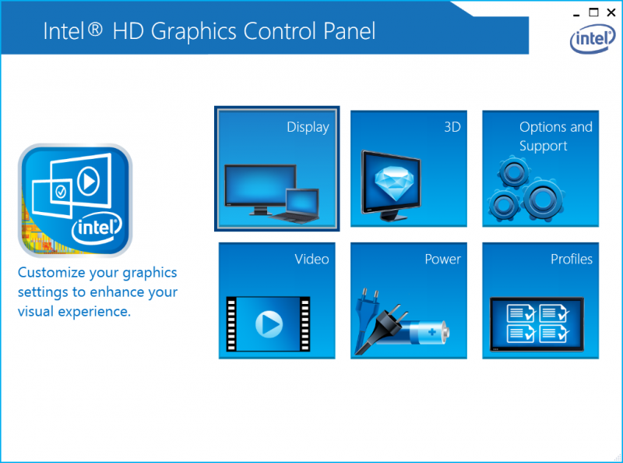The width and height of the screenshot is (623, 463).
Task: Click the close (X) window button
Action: pyautogui.click(x=611, y=12)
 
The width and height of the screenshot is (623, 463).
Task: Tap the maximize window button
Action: pyautogui.click(x=593, y=12)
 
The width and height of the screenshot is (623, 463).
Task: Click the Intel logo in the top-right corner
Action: pyautogui.click(x=593, y=39)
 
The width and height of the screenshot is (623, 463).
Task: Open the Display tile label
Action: pyautogui.click(x=308, y=127)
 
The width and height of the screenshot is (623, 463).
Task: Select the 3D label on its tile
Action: pyautogui.click(x=452, y=127)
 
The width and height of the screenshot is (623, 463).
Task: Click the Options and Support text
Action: pyautogui.click(x=556, y=136)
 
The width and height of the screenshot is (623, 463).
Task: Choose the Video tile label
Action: pyautogui.click(x=312, y=260)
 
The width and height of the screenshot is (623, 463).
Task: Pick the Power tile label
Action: pyautogui.click(x=442, y=260)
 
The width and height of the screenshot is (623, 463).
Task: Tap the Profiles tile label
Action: pyautogui.click(x=572, y=260)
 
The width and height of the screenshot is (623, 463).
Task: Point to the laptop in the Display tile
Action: pyautogui.click(x=295, y=205)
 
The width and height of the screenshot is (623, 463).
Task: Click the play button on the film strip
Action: pyautogui.click(x=269, y=324)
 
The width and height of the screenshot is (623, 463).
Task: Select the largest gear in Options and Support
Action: pyautogui.click(x=543, y=200)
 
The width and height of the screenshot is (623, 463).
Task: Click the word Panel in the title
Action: pyautogui.click(x=349, y=31)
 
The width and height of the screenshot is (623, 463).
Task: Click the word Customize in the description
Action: pyautogui.click(x=51, y=273)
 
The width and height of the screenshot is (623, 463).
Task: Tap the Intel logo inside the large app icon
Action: pyautogui.click(x=97, y=228)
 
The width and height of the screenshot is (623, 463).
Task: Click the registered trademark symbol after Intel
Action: pyautogui.click(x=95, y=29)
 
